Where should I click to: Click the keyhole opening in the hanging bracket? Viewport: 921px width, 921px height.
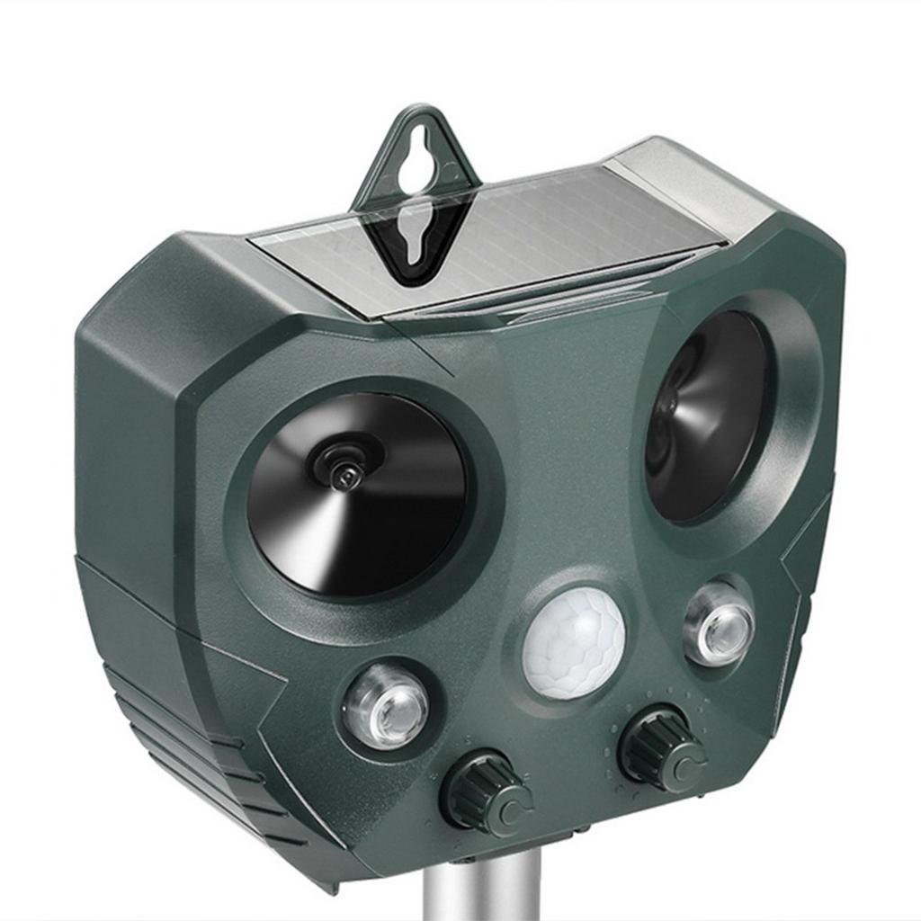pyautogui.click(x=415, y=161)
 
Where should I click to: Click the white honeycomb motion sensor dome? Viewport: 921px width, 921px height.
pyautogui.click(x=574, y=642)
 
